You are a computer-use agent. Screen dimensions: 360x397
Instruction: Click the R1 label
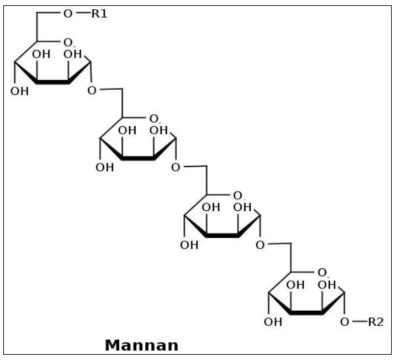99,12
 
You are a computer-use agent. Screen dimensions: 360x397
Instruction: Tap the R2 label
375,321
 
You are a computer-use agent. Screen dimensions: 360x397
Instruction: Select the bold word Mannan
141,344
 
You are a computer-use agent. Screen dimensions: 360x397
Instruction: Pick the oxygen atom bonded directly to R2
345,321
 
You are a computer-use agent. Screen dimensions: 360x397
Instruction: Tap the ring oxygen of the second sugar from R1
154,119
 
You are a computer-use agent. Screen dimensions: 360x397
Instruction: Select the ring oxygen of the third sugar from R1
238,195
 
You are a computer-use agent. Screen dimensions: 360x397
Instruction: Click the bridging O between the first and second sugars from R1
92,90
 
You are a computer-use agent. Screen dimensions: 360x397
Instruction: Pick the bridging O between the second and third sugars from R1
176,167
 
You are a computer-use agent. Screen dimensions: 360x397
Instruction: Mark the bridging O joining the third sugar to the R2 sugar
261,245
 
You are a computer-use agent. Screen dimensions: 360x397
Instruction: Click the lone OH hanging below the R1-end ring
20,90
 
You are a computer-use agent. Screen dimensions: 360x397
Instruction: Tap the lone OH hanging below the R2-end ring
273,322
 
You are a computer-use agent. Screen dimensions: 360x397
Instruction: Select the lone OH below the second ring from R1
104,167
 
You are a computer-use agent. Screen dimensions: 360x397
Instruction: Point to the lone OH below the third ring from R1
189,245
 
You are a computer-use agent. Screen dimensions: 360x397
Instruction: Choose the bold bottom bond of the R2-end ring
304,313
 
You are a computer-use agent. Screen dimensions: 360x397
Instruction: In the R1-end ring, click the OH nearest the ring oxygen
71,55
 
